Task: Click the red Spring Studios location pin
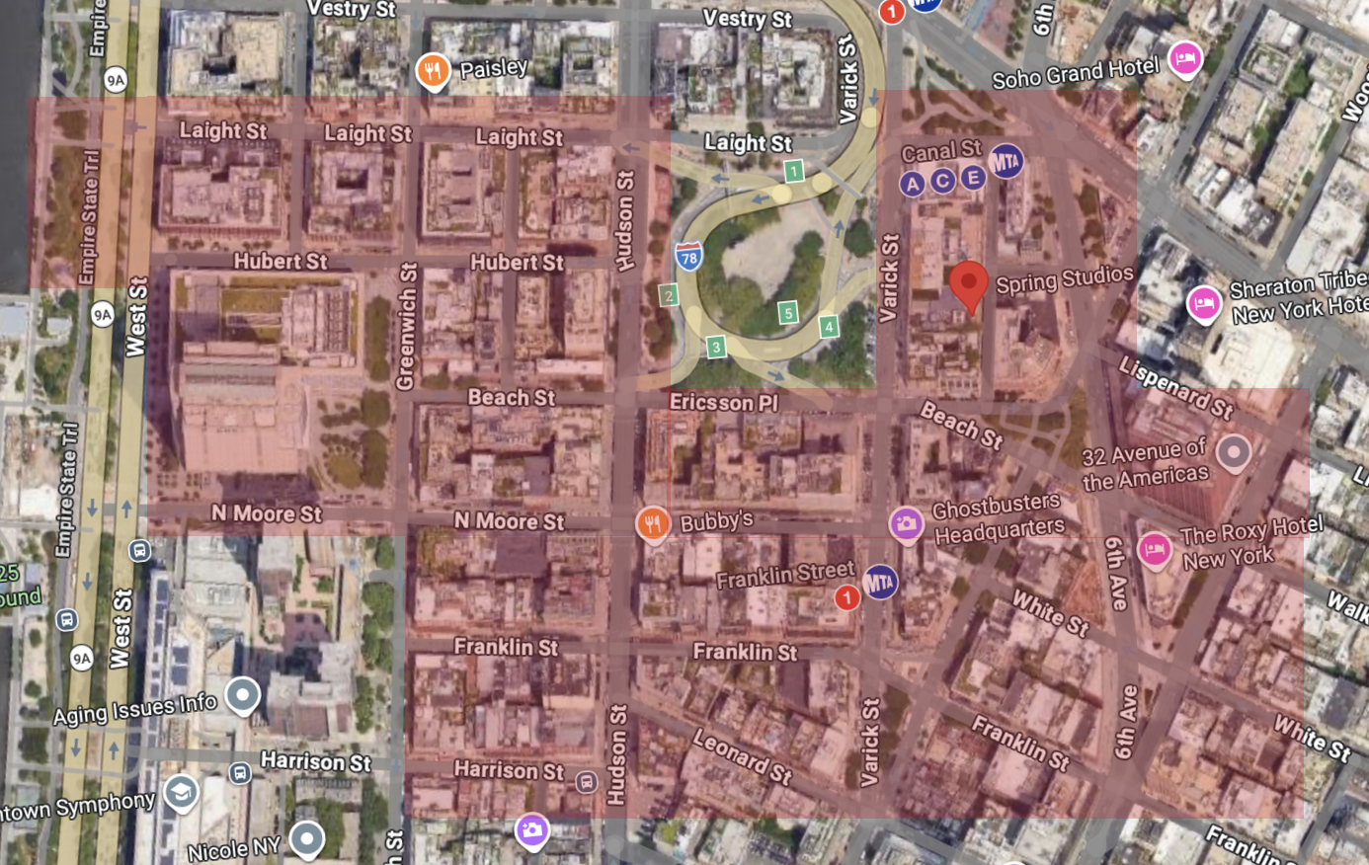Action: pyautogui.click(x=969, y=284)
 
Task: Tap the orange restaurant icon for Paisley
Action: pyautogui.click(x=433, y=70)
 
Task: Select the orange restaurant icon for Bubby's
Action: pyautogui.click(x=653, y=523)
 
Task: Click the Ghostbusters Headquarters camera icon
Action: pyautogui.click(x=906, y=522)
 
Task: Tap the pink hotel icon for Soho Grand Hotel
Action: pyautogui.click(x=1185, y=57)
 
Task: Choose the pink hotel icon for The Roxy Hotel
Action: pyautogui.click(x=1154, y=548)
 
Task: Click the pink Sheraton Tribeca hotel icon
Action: pyautogui.click(x=1203, y=301)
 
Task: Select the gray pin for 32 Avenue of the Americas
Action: pyautogui.click(x=1234, y=452)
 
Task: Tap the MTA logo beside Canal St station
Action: pyautogui.click(x=1006, y=160)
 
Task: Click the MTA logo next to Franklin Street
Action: pyautogui.click(x=879, y=582)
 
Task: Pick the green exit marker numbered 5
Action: pyautogui.click(x=787, y=313)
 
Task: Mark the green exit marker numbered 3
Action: pyautogui.click(x=716, y=346)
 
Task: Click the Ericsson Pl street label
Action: pyautogui.click(x=724, y=402)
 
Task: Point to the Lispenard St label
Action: pyautogui.click(x=1175, y=387)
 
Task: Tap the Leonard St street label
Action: pyautogui.click(x=742, y=755)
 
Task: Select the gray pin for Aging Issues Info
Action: pyautogui.click(x=242, y=694)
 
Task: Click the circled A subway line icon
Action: pyautogui.click(x=912, y=183)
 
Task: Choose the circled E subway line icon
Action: pyautogui.click(x=973, y=177)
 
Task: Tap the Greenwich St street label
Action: pyautogui.click(x=406, y=326)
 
